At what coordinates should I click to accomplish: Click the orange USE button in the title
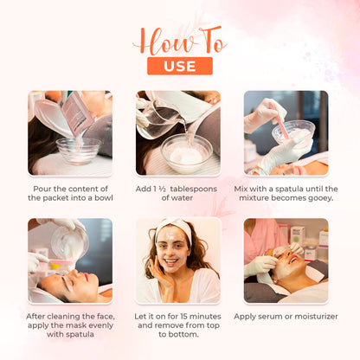180,66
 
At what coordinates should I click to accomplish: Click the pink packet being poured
76,113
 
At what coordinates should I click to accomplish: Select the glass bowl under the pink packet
79,151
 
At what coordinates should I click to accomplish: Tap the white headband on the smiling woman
175,228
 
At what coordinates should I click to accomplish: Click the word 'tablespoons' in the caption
194,190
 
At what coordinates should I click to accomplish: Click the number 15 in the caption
184,317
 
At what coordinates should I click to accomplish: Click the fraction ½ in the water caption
163,189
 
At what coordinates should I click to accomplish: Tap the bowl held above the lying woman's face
69,242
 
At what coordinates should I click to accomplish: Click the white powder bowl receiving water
187,154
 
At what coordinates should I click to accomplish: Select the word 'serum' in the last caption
271,317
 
